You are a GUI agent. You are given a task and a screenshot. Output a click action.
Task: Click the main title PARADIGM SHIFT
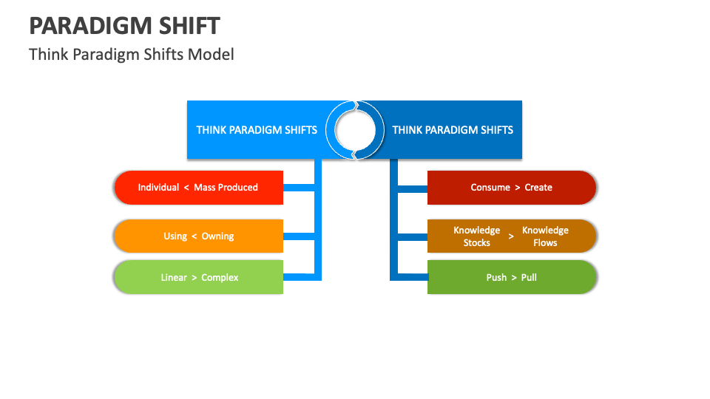tap(124, 26)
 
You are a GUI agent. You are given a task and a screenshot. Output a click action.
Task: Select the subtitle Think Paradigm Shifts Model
tap(132, 54)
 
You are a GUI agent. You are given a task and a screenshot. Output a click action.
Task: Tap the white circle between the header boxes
tap(355, 130)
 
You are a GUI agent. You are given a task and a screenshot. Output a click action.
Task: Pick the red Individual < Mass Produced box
tap(198, 188)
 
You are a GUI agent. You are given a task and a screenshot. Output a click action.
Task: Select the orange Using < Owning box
tap(198, 236)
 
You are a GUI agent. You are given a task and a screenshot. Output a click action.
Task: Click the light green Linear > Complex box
tap(198, 278)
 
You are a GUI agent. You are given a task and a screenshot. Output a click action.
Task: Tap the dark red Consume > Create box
tap(512, 188)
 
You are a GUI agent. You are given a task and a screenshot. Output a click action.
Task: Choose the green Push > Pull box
tap(512, 278)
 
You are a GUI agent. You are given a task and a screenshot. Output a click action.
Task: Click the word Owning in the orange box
tap(217, 236)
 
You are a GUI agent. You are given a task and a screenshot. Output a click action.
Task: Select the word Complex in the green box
tap(220, 278)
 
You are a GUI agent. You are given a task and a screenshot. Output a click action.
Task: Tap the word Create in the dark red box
tap(538, 188)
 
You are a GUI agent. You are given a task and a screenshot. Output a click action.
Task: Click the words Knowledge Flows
tap(545, 236)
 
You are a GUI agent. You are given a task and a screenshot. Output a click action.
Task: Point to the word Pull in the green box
tap(529, 278)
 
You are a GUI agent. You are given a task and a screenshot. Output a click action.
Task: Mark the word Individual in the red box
tap(158, 188)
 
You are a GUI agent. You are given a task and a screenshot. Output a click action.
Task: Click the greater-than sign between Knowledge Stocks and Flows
tap(511, 236)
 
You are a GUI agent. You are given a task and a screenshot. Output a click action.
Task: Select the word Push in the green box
tap(496, 278)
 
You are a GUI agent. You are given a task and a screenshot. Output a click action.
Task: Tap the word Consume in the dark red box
tap(490, 188)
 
